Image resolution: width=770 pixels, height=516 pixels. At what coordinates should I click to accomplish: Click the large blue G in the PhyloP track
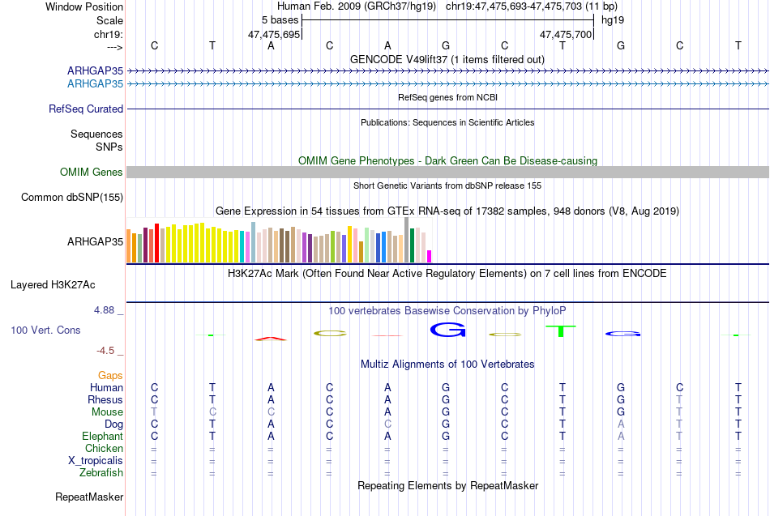click(447, 330)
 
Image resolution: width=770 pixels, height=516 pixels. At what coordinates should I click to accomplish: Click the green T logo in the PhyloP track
click(560, 331)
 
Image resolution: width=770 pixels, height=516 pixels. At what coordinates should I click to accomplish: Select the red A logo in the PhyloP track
click(271, 339)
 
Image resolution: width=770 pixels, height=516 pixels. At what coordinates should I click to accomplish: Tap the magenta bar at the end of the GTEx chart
click(429, 256)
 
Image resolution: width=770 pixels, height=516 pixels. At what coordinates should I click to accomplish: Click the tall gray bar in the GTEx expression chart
click(407, 240)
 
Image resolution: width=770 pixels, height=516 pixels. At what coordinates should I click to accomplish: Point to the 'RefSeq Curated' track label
click(86, 109)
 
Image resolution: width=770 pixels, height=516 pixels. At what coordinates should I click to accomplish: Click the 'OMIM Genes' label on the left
click(92, 172)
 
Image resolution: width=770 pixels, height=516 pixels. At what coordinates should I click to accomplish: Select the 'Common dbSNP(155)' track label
click(72, 198)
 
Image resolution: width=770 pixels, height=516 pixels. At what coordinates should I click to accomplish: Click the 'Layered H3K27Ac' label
click(53, 285)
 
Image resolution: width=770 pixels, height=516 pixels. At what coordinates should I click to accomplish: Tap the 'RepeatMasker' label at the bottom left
click(89, 497)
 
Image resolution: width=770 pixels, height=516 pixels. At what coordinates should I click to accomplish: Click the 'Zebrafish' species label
click(101, 473)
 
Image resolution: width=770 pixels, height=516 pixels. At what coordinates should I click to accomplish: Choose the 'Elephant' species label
click(103, 436)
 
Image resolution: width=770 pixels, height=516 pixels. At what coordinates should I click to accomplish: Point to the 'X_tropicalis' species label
click(96, 461)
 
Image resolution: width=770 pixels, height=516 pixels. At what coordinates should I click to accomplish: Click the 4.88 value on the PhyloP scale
click(104, 310)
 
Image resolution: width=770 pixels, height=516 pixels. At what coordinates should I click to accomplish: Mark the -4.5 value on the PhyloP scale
click(105, 351)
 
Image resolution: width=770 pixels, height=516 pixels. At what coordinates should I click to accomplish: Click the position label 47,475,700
click(566, 34)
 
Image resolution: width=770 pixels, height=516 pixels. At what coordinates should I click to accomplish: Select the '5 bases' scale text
click(280, 20)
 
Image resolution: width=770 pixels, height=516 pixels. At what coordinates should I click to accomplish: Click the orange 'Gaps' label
click(110, 376)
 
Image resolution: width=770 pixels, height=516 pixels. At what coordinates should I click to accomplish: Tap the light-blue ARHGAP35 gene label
click(96, 84)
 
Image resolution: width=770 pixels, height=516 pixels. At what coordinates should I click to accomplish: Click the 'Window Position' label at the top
click(84, 6)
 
